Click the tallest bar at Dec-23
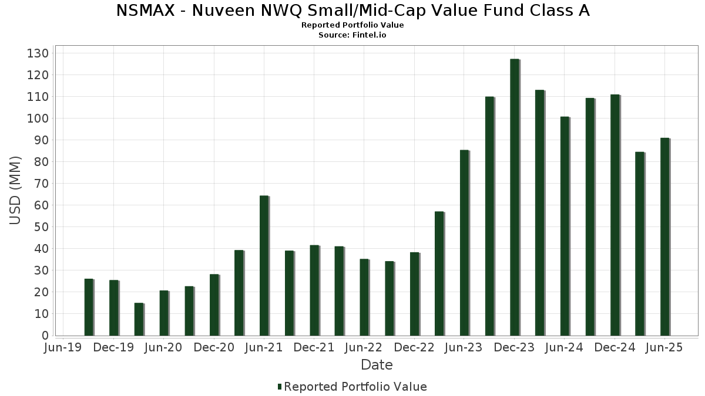pyautogui.click(x=515, y=197)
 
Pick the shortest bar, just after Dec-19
pyautogui.click(x=139, y=319)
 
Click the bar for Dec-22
pyautogui.click(x=414, y=294)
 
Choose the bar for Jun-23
pyautogui.click(x=464, y=243)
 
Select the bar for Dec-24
pyautogui.click(x=615, y=215)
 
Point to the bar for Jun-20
pyautogui.click(x=164, y=313)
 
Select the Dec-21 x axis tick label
pyautogui.click(x=314, y=348)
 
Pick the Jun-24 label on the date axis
pyautogui.click(x=564, y=348)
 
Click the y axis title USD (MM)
pyautogui.click(x=15, y=190)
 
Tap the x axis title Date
pyautogui.click(x=377, y=365)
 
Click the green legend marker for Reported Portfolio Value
pyautogui.click(x=280, y=387)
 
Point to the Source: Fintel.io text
pyautogui.click(x=352, y=35)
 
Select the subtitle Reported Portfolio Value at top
pyautogui.click(x=352, y=25)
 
